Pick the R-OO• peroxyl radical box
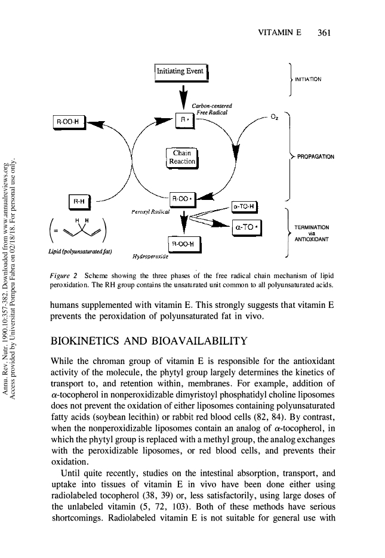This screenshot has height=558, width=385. (182, 198)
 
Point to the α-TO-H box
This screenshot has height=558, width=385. (243, 206)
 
